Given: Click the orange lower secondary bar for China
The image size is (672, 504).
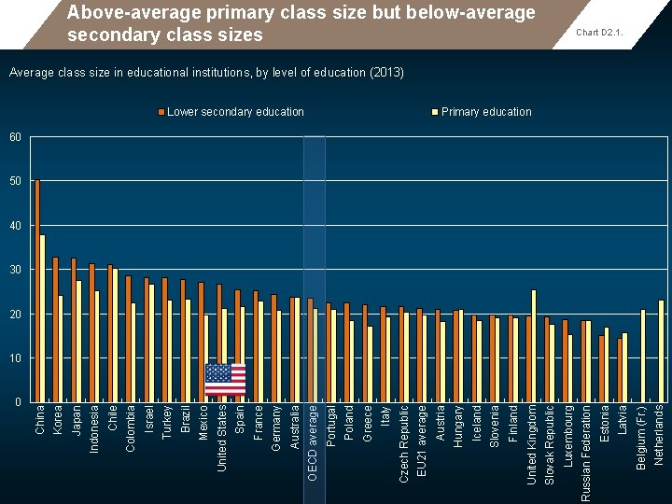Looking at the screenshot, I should (x=37, y=290).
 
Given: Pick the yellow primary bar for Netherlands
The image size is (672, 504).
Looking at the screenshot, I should (x=661, y=350).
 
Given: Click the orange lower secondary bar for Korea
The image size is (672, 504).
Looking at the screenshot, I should (x=55, y=329).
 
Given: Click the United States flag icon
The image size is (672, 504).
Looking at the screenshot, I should (x=225, y=380).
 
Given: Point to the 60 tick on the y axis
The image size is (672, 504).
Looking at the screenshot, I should (x=14, y=137).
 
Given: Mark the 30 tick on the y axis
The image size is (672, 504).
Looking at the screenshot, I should (x=14, y=270).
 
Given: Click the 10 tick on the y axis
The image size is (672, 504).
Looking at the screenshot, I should (x=14, y=358).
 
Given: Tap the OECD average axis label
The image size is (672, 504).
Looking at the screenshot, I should (x=314, y=442).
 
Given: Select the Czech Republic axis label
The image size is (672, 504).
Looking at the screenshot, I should (x=404, y=442).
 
